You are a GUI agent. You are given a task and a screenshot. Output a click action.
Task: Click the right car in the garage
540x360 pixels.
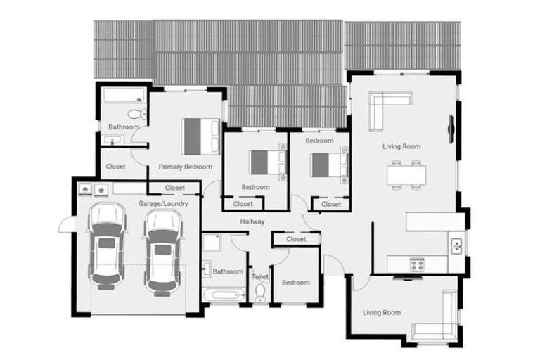(x=162, y=250)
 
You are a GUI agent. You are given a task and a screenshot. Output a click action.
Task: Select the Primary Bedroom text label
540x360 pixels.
(x=185, y=167)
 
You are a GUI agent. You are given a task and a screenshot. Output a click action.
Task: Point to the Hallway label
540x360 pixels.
(x=252, y=222)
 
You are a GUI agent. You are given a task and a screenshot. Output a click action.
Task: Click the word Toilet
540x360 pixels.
(x=259, y=277)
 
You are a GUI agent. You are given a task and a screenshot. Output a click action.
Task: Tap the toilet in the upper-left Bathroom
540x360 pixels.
(x=135, y=115)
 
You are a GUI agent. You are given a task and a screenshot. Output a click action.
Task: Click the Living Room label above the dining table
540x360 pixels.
(x=401, y=147)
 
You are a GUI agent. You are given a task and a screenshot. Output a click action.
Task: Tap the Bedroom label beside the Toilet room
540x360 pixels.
(x=295, y=283)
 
